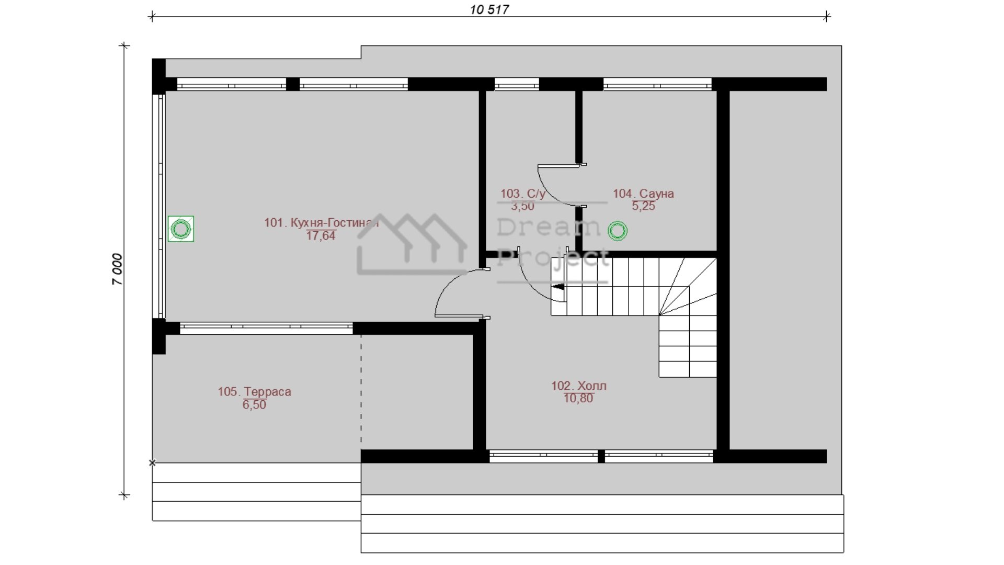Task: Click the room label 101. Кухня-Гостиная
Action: point(321,223)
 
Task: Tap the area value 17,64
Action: point(321,236)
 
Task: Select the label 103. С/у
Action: point(522,194)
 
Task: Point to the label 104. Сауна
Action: point(643,194)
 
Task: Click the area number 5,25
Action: point(643,206)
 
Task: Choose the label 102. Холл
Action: point(579,386)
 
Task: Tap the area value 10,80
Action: point(578,399)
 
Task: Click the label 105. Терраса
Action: point(254,392)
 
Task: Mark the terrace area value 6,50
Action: point(254,405)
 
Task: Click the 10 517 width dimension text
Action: point(489,9)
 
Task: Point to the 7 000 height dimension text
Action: point(117,269)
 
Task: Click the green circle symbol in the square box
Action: point(181,229)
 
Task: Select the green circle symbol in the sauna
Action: point(618,231)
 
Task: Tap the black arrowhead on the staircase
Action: point(558,287)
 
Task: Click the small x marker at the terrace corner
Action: point(152,463)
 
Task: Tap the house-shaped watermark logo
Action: point(412,244)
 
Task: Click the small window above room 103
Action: point(517,84)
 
